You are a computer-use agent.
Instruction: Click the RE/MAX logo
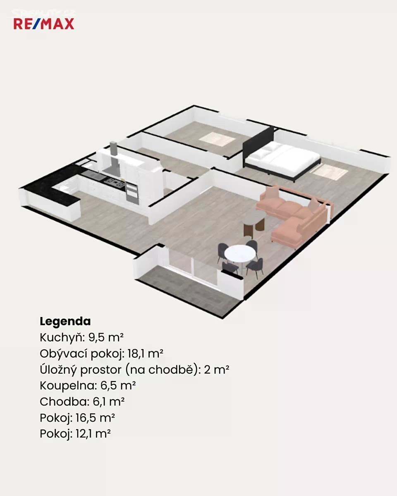pyautogui.click(x=44, y=24)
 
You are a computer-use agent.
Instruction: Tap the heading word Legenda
pyautogui.click(x=65, y=321)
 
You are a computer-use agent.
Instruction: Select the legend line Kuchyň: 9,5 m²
pyautogui.click(x=81, y=338)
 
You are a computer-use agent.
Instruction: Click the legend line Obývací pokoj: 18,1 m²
pyautogui.click(x=101, y=354)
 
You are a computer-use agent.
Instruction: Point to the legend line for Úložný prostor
pyautogui.click(x=134, y=370)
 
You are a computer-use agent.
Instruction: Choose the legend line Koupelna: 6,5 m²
pyautogui.click(x=88, y=386)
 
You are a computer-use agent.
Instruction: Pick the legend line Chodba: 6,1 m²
pyautogui.click(x=82, y=402)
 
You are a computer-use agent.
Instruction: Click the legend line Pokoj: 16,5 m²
pyautogui.click(x=77, y=418)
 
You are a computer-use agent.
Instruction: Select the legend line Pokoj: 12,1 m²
pyautogui.click(x=75, y=434)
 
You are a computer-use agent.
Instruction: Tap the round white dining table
pyautogui.click(x=240, y=253)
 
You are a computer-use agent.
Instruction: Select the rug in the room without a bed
pyautogui.click(x=217, y=139)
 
